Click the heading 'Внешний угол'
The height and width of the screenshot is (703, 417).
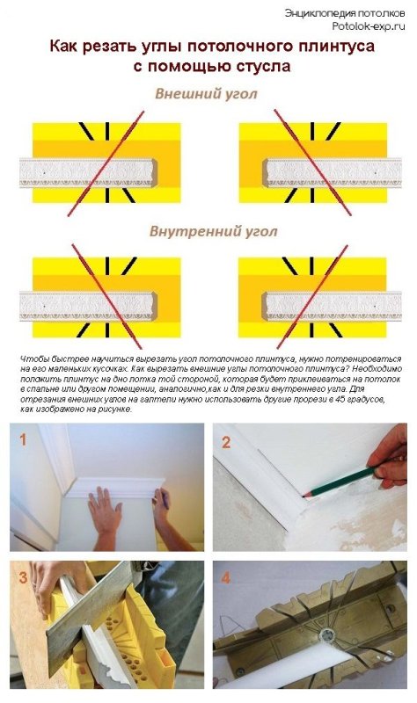[x=207, y=94]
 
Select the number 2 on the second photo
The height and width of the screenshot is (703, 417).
[x=226, y=442]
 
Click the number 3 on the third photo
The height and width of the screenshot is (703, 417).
[x=22, y=577]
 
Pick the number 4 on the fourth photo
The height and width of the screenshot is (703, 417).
[x=226, y=578]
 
